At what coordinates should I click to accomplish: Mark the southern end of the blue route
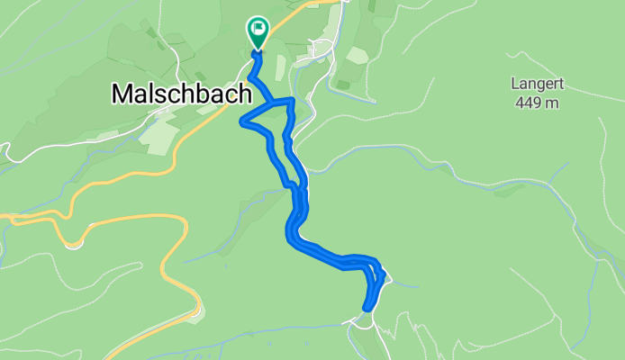tap(367, 308)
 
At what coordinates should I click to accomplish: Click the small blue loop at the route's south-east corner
tap(376, 270)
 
